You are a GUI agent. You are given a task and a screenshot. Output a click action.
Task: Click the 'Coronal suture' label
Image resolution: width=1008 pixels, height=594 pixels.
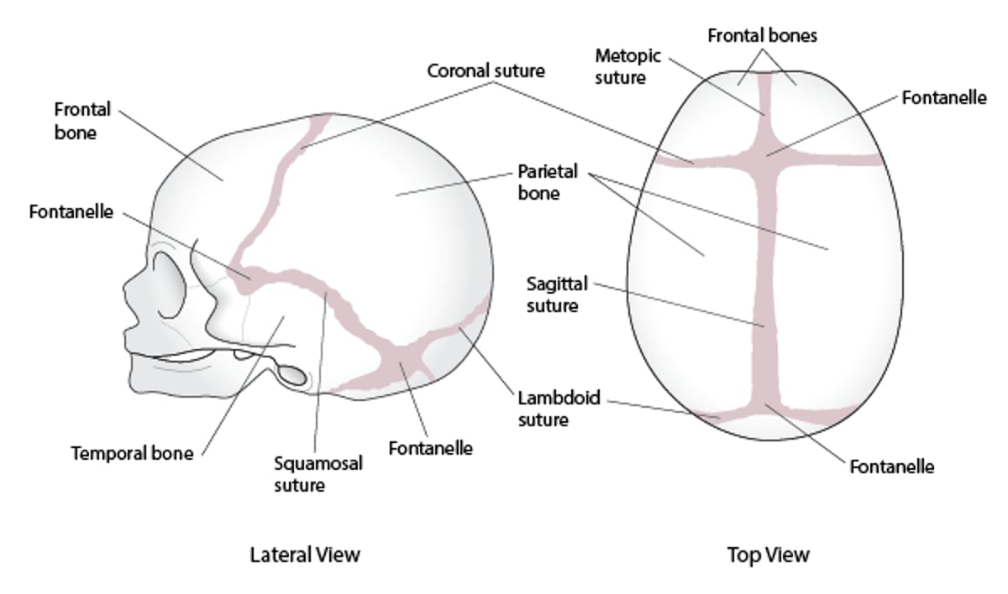(486, 70)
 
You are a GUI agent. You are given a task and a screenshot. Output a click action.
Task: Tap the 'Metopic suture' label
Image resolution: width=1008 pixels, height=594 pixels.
(628, 66)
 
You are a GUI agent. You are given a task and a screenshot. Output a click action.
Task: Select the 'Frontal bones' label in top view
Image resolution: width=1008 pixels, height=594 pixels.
(762, 36)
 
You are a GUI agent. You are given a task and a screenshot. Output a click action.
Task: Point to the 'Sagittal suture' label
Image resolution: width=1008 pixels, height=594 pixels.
(553, 294)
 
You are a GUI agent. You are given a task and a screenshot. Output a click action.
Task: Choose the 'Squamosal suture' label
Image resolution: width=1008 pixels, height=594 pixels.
(318, 473)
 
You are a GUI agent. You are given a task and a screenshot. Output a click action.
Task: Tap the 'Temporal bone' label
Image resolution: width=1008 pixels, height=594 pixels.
(132, 453)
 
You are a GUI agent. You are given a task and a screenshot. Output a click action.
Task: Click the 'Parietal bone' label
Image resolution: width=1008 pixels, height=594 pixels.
(548, 182)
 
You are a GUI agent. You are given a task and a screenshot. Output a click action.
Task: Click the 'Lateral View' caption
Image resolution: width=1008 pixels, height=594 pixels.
(305, 555)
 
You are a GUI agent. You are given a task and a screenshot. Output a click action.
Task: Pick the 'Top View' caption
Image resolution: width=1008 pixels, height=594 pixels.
(768, 555)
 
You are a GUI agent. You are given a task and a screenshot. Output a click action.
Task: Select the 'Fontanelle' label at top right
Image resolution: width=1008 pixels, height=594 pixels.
(943, 97)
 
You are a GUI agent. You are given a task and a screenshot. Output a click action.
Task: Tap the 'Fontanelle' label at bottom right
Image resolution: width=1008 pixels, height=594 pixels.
(891, 466)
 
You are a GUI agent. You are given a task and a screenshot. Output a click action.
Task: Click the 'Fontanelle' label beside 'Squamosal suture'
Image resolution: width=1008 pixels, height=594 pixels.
(430, 447)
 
